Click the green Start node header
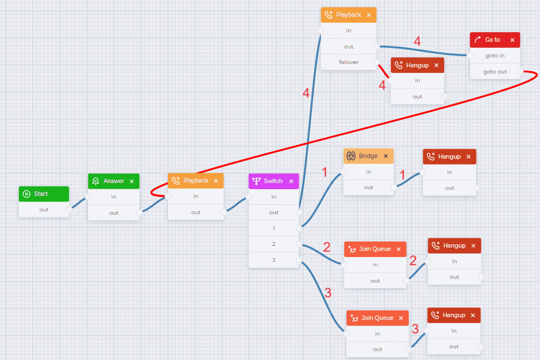pyautogui.click(x=44, y=194)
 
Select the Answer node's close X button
pyautogui.click(x=132, y=181)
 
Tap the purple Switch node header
pyautogui.click(x=274, y=181)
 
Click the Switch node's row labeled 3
pyautogui.click(x=274, y=260)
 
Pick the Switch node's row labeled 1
pyautogui.click(x=274, y=228)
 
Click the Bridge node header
pyautogui.click(x=369, y=156)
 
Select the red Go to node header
pyautogui.click(x=495, y=40)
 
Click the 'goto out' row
pyautogui.click(x=495, y=72)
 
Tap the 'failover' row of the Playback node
pyautogui.click(x=349, y=62)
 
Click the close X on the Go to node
pyautogui.click(x=512, y=40)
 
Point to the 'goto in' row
pyautogui.click(x=495, y=56)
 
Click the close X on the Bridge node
pyautogui.click(x=386, y=156)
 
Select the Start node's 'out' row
pyautogui.click(x=44, y=209)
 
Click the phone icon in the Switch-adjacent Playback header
pyautogui.click(x=176, y=180)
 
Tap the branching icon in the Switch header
pyautogui.click(x=256, y=181)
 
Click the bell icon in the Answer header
pyautogui.click(x=96, y=181)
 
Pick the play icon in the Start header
pyautogui.click(x=27, y=194)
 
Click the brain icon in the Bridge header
pyautogui.click(x=351, y=156)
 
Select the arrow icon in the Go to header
pyautogui.click(x=477, y=40)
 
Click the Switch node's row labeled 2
pyautogui.click(x=274, y=244)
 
